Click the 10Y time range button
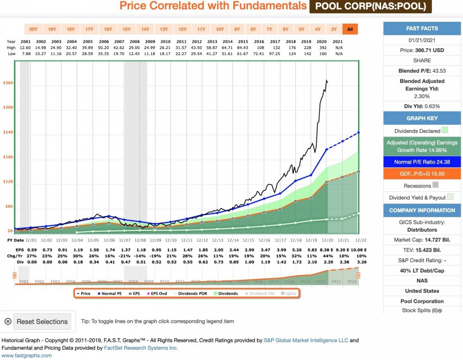pos(219,29)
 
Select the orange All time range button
pos(350,29)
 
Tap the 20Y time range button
pos(33,29)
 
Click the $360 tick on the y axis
pos(8,83)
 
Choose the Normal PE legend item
pos(109,293)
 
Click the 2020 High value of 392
pos(322,47)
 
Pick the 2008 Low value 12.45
pos(135,53)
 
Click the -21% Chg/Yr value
pos(124,256)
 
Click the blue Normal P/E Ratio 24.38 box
pos(422,162)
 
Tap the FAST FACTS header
pos(422,28)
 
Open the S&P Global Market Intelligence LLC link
pos(306,341)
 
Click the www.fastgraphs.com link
pos(27,355)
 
